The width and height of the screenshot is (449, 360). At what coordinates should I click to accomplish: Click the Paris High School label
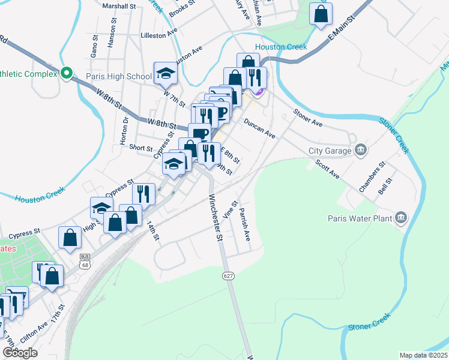[119, 76]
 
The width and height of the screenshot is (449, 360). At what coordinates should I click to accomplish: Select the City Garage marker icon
[361, 150]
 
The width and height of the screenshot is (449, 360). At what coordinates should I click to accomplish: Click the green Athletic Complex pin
[67, 74]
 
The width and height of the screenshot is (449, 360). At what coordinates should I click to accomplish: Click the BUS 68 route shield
[85, 261]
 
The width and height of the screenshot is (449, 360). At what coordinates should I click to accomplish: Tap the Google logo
[20, 353]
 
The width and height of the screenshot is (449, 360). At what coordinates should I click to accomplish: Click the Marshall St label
[119, 6]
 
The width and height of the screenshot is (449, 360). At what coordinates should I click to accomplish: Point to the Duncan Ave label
[259, 128]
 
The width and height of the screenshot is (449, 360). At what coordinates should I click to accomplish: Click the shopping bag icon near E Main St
[321, 13]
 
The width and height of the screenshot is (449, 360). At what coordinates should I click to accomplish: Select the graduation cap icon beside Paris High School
[166, 73]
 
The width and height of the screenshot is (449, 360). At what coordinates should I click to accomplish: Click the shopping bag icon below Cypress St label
[70, 237]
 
